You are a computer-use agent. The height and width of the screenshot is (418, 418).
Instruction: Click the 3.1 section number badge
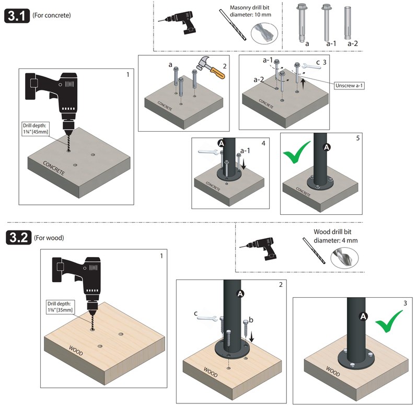[x=16, y=15]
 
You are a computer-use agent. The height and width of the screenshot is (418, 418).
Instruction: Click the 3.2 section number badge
[x=18, y=238]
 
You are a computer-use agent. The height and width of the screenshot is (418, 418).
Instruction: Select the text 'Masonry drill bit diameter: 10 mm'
[x=252, y=11]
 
